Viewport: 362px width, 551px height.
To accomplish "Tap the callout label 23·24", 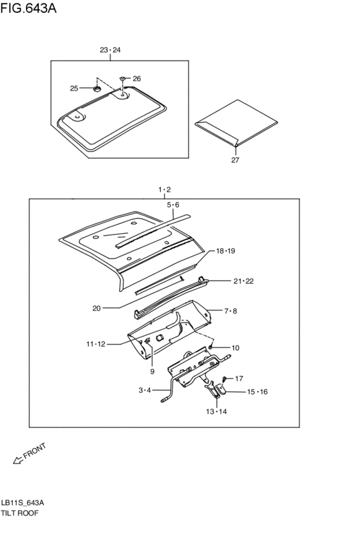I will point(111,50).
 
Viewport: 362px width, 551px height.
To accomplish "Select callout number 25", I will point(74,87).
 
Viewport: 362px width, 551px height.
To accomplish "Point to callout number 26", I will point(136,78).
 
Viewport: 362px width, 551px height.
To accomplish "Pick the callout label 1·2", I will point(164,189).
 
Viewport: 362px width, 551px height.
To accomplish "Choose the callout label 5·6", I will point(173,205).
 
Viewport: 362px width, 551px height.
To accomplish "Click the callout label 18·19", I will point(226,251).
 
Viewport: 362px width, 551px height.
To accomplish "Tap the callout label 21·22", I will point(244,281).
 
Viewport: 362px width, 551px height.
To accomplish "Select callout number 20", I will point(96,308).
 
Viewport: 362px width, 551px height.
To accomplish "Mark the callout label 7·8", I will point(231,311).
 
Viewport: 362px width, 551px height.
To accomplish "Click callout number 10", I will point(235,348).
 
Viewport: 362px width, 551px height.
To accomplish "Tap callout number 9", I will point(152,372).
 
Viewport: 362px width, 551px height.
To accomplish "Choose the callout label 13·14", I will point(216,411).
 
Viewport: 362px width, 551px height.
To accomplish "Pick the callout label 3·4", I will point(144,390).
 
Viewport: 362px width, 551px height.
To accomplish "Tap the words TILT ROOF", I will point(21,513).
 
